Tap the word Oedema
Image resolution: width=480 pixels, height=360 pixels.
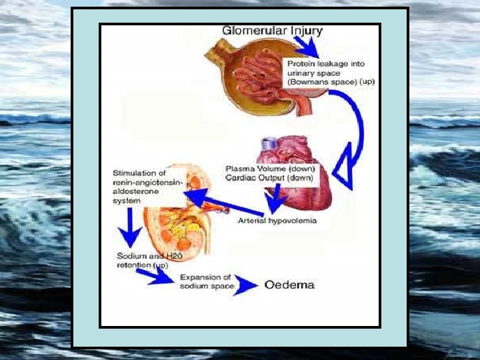289,285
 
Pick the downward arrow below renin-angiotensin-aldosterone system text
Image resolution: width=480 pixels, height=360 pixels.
129,231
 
